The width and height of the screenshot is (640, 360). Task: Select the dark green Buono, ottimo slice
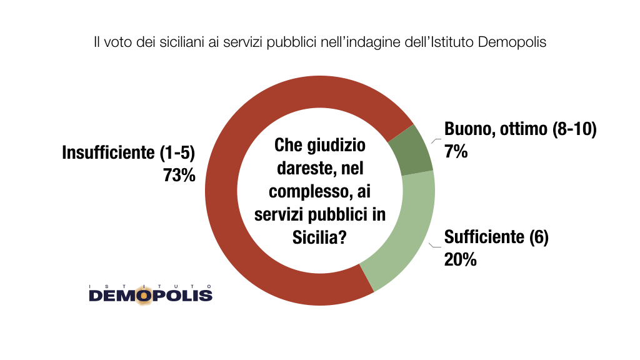pyautogui.click(x=409, y=149)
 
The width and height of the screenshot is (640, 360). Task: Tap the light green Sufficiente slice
pyautogui.click(x=400, y=237)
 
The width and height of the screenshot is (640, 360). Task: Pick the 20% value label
pyautogui.click(x=460, y=259)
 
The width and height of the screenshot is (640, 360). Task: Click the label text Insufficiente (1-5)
pyautogui.click(x=129, y=152)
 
